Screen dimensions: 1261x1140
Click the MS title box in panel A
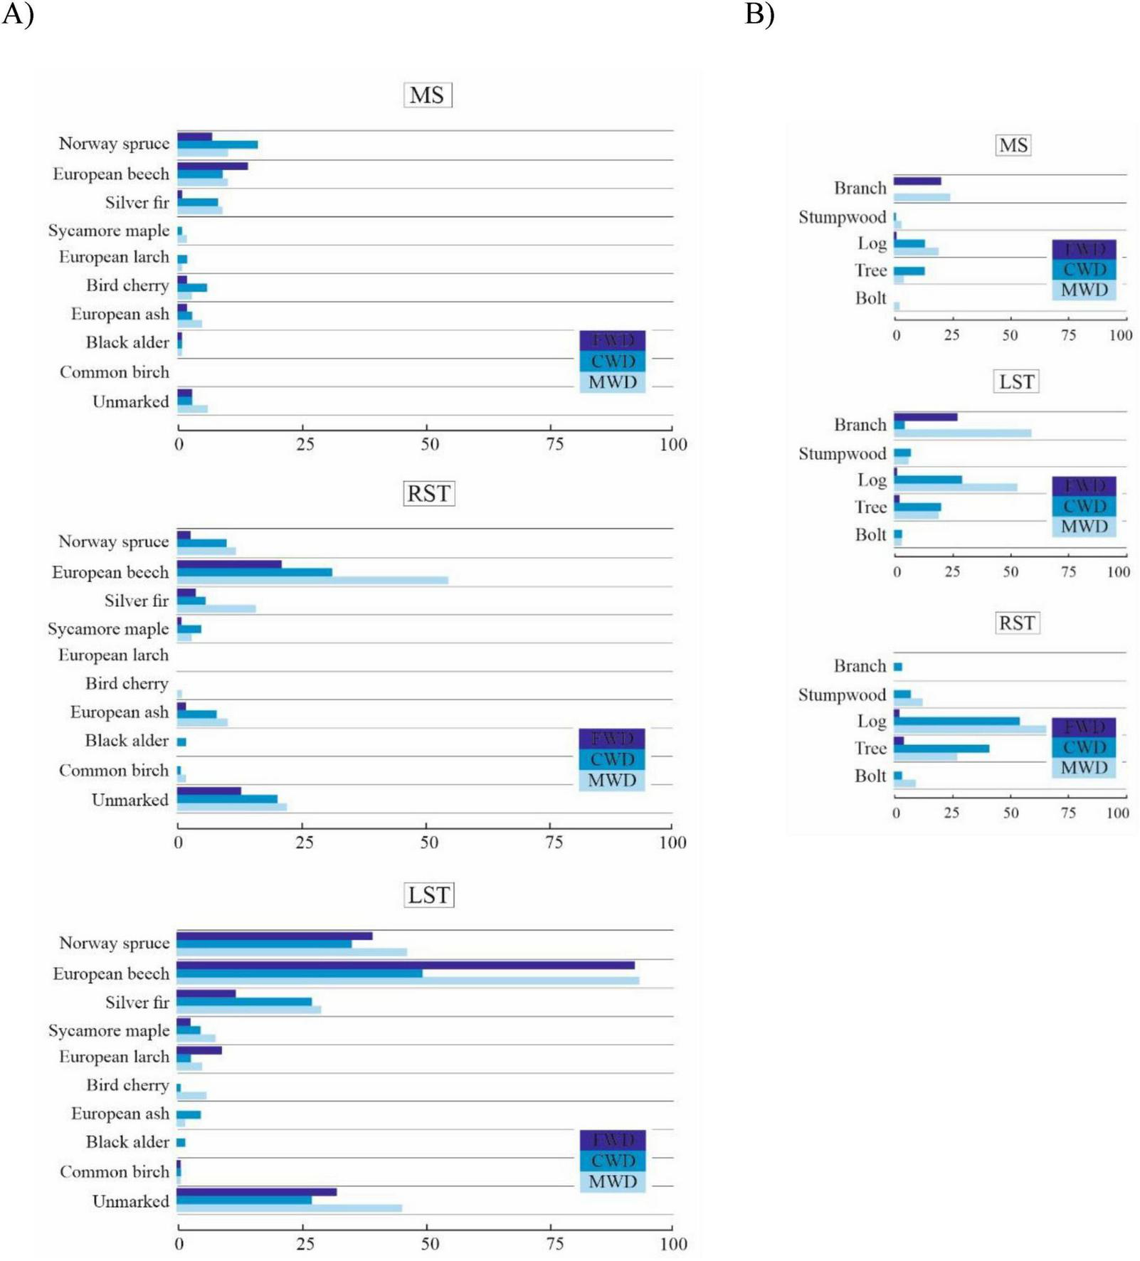[x=427, y=95]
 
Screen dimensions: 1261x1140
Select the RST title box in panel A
[x=429, y=493]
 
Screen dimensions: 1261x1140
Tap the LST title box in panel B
[x=1016, y=381]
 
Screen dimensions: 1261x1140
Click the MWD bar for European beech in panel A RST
[x=313, y=580]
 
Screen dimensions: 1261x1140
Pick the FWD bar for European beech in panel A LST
[x=406, y=965]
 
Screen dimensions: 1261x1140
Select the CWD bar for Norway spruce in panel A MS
[x=218, y=144]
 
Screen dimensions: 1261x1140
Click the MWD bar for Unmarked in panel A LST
[x=290, y=1208]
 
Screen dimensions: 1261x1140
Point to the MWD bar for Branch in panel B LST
[x=962, y=433]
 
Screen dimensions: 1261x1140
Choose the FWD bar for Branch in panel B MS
[x=917, y=181]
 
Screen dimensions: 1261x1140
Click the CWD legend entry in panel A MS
[x=613, y=361]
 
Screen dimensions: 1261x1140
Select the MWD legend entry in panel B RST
[x=1084, y=767]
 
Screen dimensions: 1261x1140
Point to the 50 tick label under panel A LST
[x=429, y=1243]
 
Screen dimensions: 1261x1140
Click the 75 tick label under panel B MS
[x=1068, y=334]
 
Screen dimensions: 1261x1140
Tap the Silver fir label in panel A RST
[x=137, y=601]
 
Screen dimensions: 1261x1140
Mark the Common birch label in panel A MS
[x=115, y=372]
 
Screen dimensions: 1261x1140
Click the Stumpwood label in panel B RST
[x=842, y=695]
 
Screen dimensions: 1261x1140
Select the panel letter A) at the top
[x=17, y=14]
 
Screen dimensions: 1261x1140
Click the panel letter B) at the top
[x=759, y=14]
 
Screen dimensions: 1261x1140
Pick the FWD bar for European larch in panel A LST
[x=199, y=1050]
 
